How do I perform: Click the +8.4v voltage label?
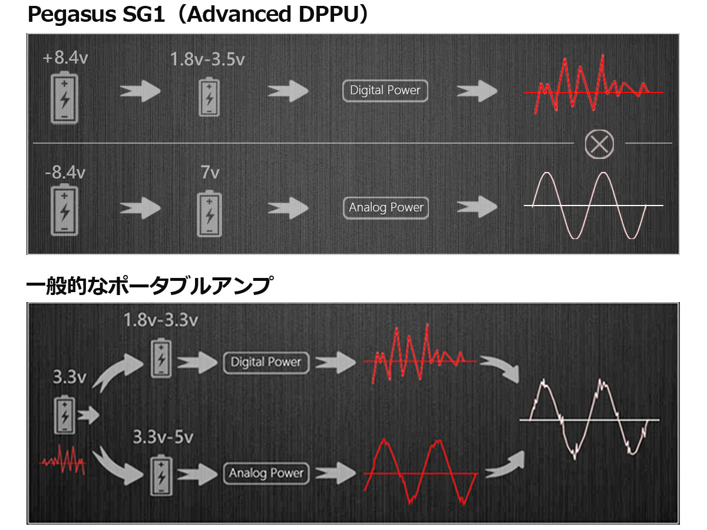[65, 59]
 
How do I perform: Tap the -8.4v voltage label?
[65, 173]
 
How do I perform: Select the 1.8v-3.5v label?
[207, 59]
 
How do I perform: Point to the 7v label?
[210, 173]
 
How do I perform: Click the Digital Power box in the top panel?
[385, 91]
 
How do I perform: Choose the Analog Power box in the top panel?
[386, 208]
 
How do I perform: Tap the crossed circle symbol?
[599, 144]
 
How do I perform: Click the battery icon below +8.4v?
[64, 97]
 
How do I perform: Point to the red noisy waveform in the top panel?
[589, 85]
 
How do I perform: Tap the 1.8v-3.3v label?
[160, 320]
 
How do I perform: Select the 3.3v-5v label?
[163, 437]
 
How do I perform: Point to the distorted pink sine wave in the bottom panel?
[589, 419]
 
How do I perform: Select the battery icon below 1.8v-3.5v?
[209, 97]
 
